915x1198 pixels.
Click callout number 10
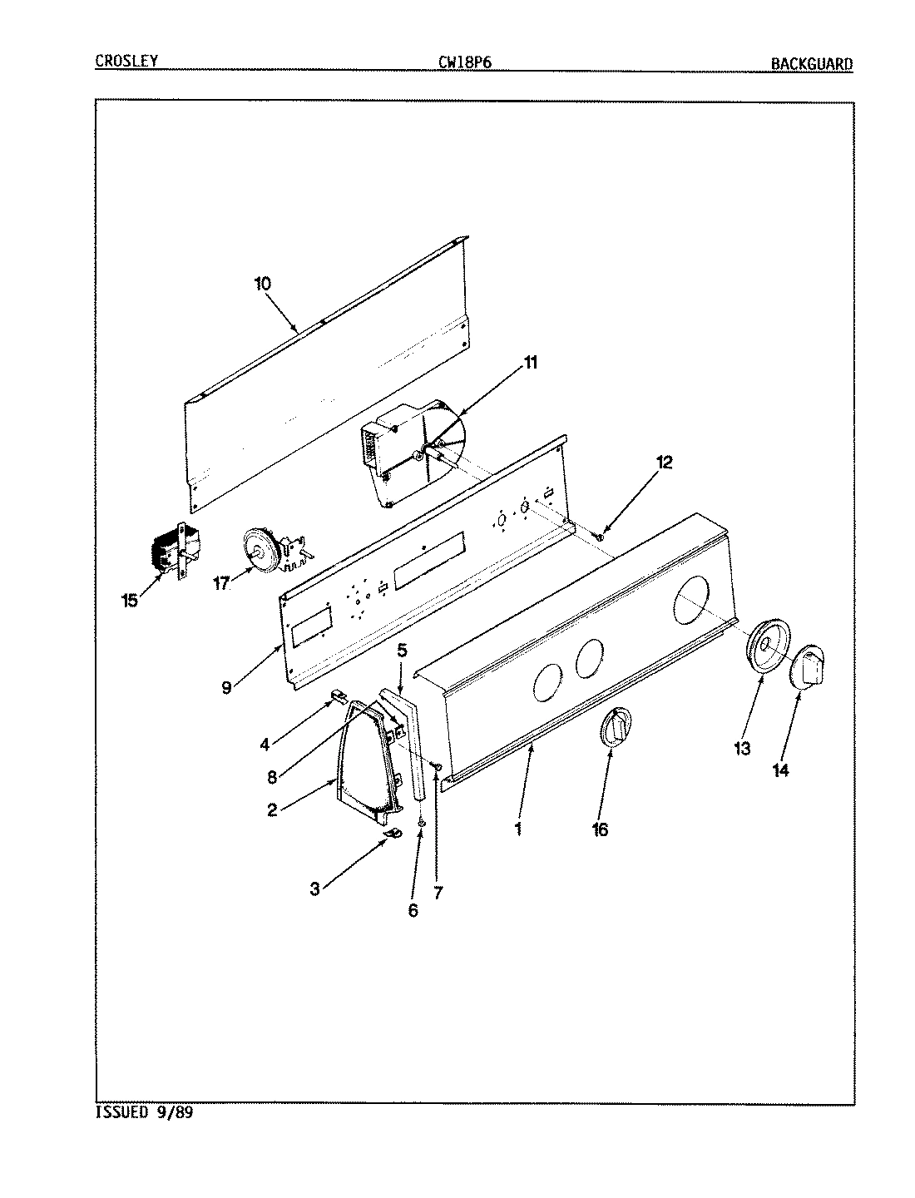(x=262, y=284)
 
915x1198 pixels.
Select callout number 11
(x=530, y=363)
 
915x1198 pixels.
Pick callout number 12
(x=663, y=463)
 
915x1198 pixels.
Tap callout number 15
(x=129, y=600)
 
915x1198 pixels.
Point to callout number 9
(x=227, y=687)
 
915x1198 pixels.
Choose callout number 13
(x=742, y=749)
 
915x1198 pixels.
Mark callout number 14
(x=780, y=770)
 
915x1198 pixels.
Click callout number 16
(x=600, y=829)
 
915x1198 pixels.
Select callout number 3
(x=315, y=889)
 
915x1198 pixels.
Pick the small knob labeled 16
(x=616, y=727)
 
